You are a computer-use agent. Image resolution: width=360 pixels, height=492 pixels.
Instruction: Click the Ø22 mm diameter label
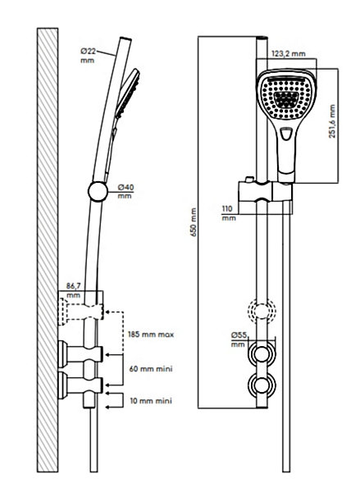click(x=88, y=55)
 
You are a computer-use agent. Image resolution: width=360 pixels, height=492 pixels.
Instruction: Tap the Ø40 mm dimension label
click(x=125, y=191)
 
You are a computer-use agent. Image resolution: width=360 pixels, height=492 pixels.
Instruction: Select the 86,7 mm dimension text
click(x=74, y=290)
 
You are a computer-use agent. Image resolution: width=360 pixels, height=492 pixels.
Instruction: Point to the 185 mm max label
click(x=151, y=335)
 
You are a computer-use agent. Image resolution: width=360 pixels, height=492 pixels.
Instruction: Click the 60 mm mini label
click(x=151, y=368)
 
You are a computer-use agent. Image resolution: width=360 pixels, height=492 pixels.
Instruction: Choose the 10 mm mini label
click(x=151, y=401)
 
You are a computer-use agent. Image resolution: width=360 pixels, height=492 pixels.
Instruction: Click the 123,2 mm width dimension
click(x=289, y=53)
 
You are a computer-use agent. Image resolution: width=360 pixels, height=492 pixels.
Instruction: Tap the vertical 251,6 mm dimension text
click(x=332, y=121)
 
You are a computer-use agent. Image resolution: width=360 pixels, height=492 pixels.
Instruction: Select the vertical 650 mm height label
click(x=194, y=222)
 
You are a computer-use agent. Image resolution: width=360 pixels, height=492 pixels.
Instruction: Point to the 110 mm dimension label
click(x=229, y=213)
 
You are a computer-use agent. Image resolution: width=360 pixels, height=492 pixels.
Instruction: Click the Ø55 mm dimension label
click(x=239, y=339)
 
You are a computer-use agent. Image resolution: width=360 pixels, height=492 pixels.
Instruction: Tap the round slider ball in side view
click(x=98, y=191)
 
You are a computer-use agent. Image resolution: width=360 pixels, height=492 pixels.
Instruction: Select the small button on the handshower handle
click(x=285, y=134)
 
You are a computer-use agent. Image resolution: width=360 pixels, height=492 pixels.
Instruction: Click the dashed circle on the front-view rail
click(x=262, y=311)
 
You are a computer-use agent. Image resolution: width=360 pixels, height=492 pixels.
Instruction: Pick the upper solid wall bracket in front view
click(x=262, y=354)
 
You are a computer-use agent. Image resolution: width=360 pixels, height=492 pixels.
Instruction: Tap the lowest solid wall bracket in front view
click(x=262, y=386)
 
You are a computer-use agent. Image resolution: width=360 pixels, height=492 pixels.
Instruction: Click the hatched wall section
click(x=48, y=250)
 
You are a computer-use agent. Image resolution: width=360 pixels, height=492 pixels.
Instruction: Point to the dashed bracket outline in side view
click(x=80, y=312)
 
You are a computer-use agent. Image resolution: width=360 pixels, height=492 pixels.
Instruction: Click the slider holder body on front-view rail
click(x=266, y=191)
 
